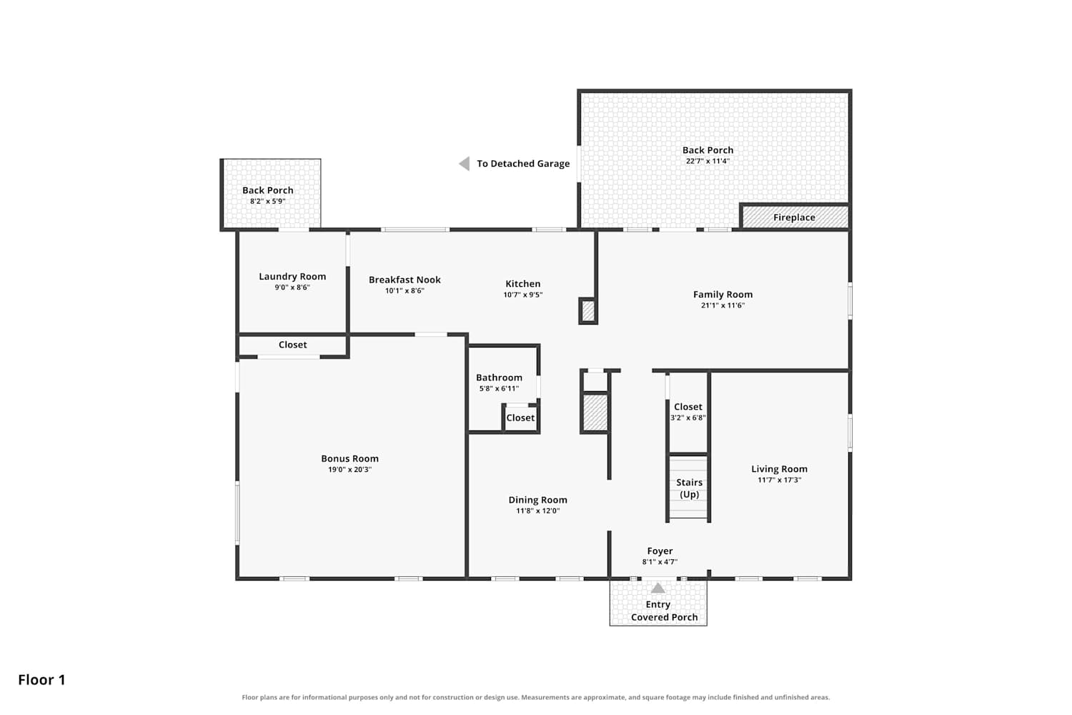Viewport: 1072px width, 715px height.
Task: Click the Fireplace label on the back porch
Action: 794,217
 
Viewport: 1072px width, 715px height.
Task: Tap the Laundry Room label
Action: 292,276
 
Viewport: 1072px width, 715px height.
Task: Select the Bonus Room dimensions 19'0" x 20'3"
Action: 350,469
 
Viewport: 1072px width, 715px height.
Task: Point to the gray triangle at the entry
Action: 658,588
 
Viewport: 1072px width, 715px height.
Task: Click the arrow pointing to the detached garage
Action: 465,164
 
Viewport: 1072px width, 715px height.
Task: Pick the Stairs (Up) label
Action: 689,488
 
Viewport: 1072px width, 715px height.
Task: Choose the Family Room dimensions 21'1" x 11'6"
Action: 723,305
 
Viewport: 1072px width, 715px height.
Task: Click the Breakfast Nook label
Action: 405,280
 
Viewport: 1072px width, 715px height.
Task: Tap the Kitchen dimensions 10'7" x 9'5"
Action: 522,295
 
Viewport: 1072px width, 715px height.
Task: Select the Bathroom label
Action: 499,378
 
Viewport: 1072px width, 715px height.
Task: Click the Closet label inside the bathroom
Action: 520,418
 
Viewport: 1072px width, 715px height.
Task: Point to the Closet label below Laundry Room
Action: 292,345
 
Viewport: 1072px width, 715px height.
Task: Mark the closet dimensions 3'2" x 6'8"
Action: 688,418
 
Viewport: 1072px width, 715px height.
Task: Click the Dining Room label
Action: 537,500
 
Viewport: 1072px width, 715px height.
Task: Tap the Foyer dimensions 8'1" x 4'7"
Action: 660,562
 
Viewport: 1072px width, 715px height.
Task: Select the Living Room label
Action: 779,469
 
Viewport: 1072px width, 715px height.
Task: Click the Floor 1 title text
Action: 41,680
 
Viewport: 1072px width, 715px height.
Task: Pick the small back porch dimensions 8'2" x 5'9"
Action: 267,201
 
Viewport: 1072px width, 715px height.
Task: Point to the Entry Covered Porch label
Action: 664,611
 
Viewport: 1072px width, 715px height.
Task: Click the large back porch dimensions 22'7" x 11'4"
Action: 708,161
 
